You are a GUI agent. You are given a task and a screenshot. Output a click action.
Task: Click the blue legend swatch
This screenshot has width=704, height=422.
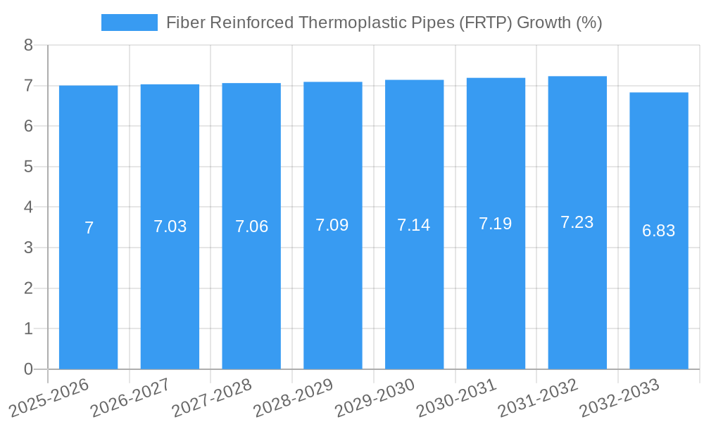pyautogui.click(x=130, y=23)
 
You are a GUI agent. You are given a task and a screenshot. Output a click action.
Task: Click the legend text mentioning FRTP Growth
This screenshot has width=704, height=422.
pyautogui.click(x=384, y=23)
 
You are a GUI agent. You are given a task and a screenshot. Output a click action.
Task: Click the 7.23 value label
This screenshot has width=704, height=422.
pyautogui.click(x=577, y=222)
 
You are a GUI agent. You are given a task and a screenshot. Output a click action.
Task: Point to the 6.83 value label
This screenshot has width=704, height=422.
pyautogui.click(x=659, y=230)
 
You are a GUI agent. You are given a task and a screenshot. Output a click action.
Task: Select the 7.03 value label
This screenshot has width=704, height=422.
pyautogui.click(x=170, y=226)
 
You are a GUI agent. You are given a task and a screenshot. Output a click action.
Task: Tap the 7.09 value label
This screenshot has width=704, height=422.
pyautogui.click(x=332, y=225)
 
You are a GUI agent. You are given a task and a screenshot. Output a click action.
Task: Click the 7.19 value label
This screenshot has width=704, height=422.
pyautogui.click(x=496, y=224)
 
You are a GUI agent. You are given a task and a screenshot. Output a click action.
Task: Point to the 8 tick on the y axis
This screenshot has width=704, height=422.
pyautogui.click(x=28, y=46)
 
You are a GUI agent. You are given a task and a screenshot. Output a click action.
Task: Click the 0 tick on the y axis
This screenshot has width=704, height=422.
pyautogui.click(x=28, y=369)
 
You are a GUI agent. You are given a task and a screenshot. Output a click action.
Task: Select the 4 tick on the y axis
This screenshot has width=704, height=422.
pyautogui.click(x=28, y=207)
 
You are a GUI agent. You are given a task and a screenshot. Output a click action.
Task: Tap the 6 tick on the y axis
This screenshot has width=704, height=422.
pyautogui.click(x=28, y=127)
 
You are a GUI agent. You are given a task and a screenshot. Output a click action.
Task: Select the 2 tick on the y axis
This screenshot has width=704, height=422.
pyautogui.click(x=28, y=288)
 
